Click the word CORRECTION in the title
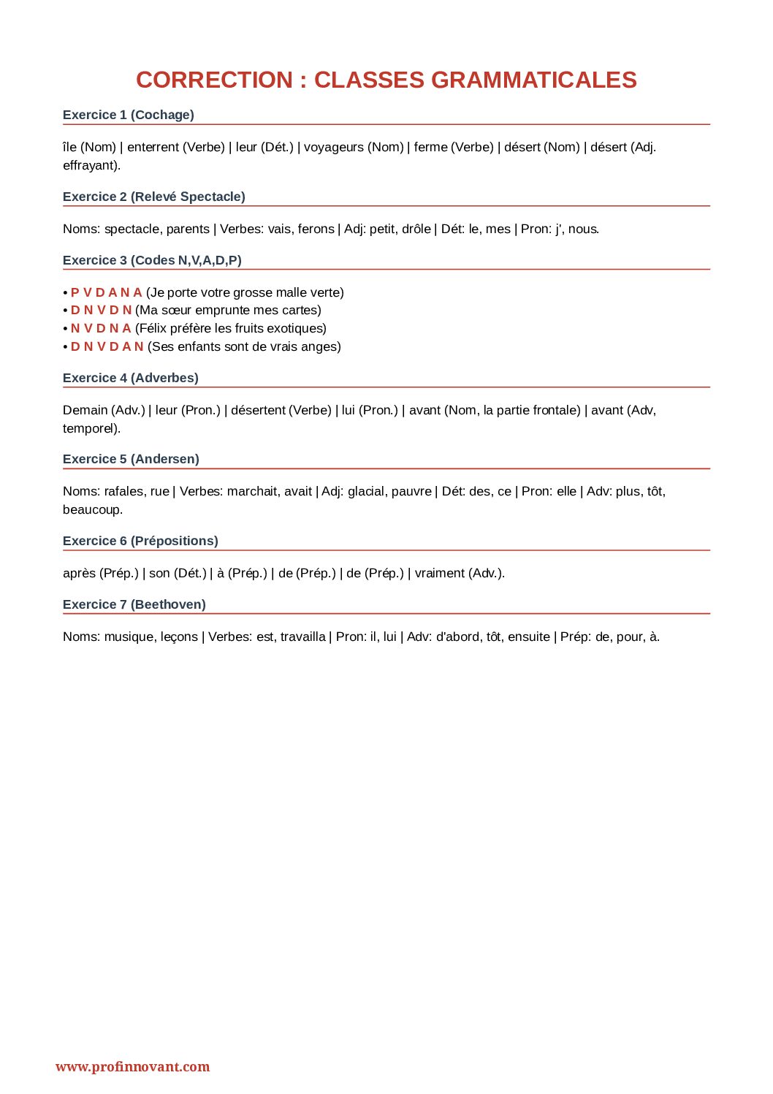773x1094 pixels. tap(213, 80)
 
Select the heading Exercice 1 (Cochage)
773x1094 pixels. tap(129, 115)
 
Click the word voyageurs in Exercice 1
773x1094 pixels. tap(333, 147)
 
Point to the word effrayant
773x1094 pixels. tap(90, 165)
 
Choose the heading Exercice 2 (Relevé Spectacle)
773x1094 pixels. tap(154, 197)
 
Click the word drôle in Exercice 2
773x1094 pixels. tap(416, 229)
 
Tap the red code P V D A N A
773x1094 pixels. tap(107, 292)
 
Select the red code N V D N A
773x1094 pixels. tap(101, 328)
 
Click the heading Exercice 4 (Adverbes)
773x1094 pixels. tap(131, 378)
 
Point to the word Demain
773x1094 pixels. tap(85, 410)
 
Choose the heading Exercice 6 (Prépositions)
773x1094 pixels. tap(140, 541)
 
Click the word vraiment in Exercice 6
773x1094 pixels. tap(439, 573)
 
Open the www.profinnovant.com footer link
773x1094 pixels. tap(132, 1066)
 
